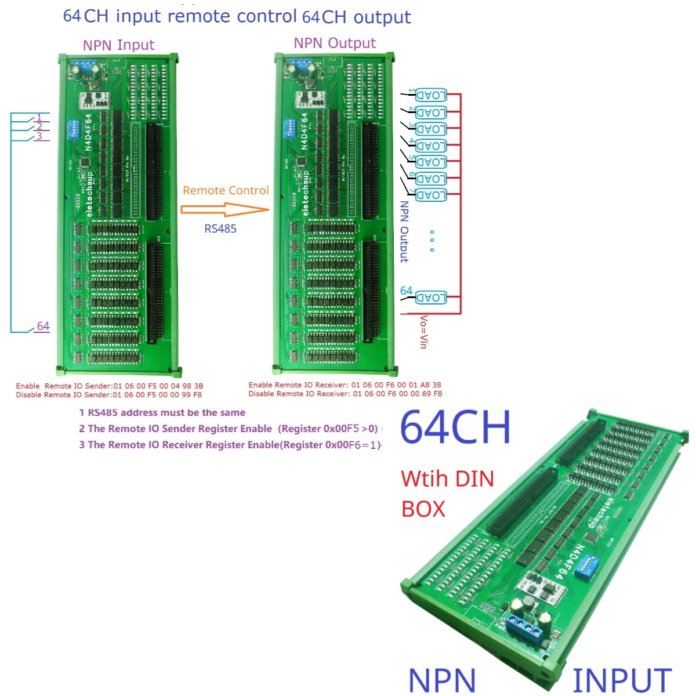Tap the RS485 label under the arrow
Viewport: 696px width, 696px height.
coord(220,229)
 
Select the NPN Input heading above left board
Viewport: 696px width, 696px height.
coord(118,45)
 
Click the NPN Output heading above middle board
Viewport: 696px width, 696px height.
coord(335,43)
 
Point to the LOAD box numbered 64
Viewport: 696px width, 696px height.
coord(431,298)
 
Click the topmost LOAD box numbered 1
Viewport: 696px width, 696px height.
coord(431,96)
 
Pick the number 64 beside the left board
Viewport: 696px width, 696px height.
coord(43,326)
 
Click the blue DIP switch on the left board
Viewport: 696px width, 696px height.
coord(74,129)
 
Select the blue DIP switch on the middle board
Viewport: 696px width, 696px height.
coord(289,128)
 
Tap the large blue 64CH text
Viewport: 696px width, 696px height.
coord(455,428)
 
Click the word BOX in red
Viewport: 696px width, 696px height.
coord(423,509)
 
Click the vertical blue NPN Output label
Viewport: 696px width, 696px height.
coord(404,232)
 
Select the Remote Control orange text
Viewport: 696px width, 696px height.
coord(226,190)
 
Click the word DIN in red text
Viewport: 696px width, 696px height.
coord(474,479)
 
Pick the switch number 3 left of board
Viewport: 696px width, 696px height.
coord(39,136)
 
